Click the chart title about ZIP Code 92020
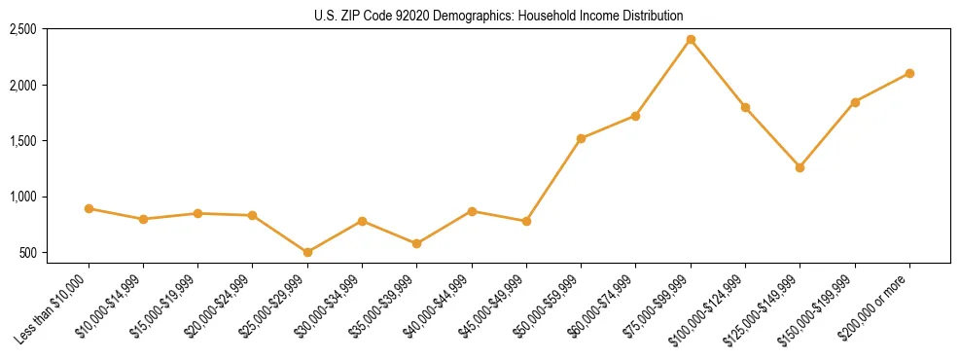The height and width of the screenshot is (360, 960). click(498, 16)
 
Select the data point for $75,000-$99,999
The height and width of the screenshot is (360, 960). click(691, 40)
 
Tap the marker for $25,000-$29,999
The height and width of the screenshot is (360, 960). click(307, 252)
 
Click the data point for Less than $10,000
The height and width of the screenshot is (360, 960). click(89, 208)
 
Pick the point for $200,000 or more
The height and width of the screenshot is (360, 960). click(909, 73)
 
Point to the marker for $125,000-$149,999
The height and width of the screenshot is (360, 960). click(800, 167)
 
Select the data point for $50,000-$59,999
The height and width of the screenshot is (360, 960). click(581, 138)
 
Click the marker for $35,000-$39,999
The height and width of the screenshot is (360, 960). click(416, 243)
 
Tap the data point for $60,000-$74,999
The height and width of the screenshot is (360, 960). click(635, 116)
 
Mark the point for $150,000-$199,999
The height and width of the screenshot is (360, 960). click(855, 102)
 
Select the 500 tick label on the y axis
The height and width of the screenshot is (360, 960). click(28, 253)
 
